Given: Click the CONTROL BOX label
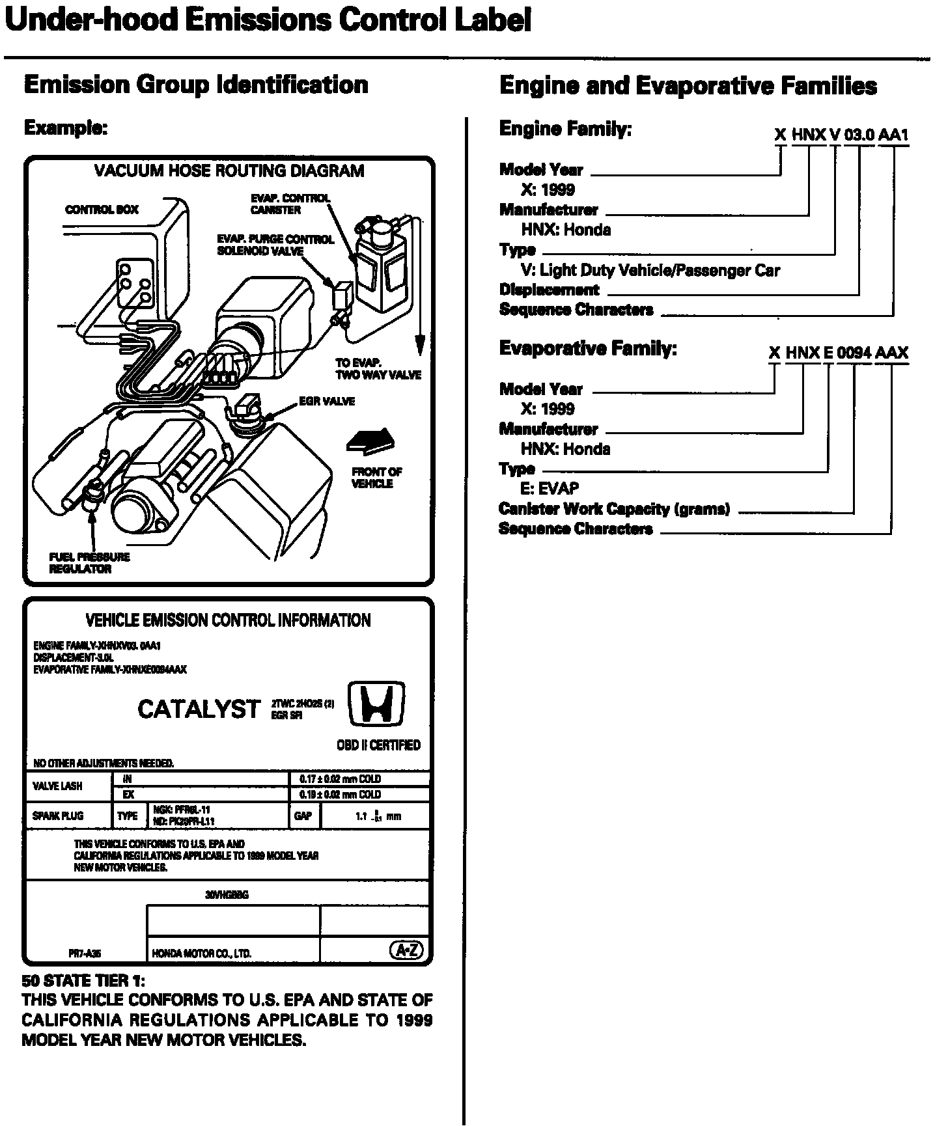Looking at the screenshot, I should click(x=102, y=210).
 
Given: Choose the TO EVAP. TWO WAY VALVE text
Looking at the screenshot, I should click(x=378, y=369).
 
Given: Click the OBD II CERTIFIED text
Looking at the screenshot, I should click(x=378, y=745).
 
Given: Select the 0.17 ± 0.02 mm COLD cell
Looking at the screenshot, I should click(x=340, y=779).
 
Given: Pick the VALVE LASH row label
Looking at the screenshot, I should click(x=57, y=786).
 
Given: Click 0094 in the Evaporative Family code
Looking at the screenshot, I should click(x=854, y=353).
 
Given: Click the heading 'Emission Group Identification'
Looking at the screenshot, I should click(x=196, y=85).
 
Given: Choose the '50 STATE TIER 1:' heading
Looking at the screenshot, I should click(x=83, y=981).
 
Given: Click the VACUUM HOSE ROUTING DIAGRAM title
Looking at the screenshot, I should click(x=229, y=171).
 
